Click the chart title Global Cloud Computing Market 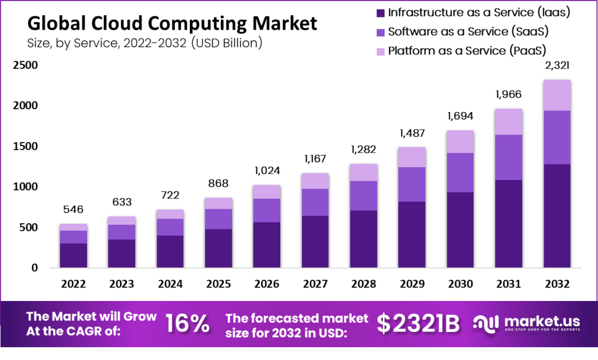coord(172,23)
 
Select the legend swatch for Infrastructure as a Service coord(380,12)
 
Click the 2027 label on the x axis coord(315,284)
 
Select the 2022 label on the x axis coord(74,284)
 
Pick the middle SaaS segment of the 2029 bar coord(412,184)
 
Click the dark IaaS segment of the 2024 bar coord(170,251)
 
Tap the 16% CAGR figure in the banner coord(188,323)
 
